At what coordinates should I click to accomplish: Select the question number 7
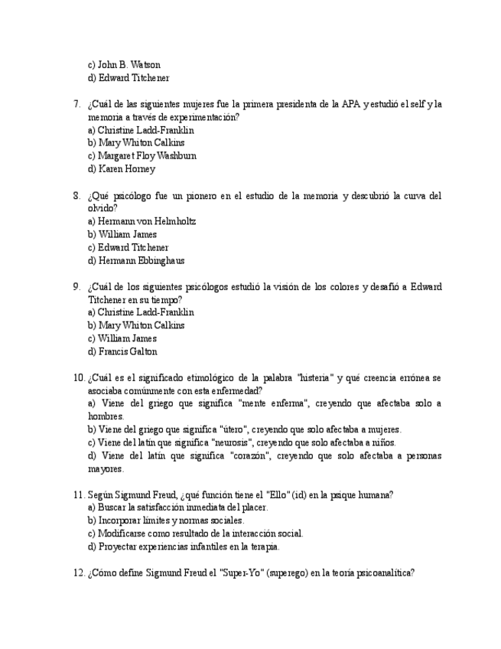click(x=76, y=104)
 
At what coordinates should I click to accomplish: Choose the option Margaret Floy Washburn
click(x=147, y=156)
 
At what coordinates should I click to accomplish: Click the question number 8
click(x=76, y=196)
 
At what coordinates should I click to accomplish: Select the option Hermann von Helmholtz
click(x=147, y=222)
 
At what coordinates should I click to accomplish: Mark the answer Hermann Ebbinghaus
click(x=141, y=261)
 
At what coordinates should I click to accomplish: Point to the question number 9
click(x=76, y=287)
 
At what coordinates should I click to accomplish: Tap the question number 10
click(x=79, y=378)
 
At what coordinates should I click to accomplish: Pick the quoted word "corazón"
click(x=249, y=456)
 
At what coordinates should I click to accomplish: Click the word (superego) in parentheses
click(x=288, y=573)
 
